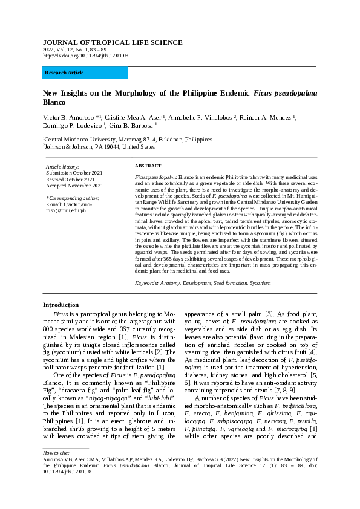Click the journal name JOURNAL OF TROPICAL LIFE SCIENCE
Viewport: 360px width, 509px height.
[112, 42]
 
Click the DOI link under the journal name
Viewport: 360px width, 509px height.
[85, 56]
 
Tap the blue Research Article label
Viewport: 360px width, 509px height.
[64, 73]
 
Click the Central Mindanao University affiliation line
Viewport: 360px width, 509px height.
[127, 139]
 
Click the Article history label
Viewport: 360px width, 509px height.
[62, 166]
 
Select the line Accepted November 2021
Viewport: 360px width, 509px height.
[74, 185]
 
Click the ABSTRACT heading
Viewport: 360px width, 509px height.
[148, 166]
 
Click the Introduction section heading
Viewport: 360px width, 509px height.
[61, 305]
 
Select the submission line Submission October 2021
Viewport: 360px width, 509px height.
[74, 173]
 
